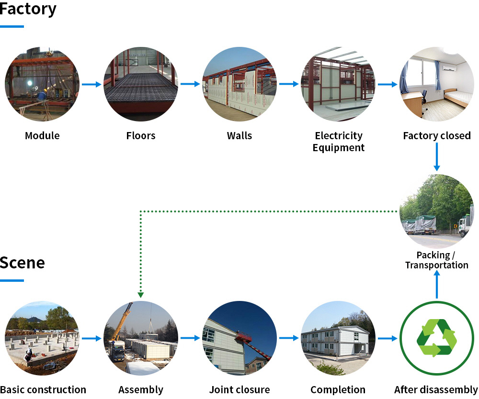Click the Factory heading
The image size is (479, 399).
click(x=28, y=9)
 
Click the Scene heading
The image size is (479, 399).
click(x=23, y=263)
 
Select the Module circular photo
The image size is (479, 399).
click(x=42, y=84)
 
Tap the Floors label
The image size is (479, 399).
click(x=141, y=136)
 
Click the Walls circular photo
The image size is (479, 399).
click(x=239, y=84)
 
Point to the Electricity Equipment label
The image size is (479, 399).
click(x=338, y=142)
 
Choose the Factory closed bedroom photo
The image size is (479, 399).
click(x=437, y=84)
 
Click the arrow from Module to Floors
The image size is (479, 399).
click(x=91, y=85)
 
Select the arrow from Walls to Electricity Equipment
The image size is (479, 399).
click(x=289, y=85)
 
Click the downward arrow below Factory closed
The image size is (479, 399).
click(x=436, y=157)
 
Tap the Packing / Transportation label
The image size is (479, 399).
click(x=437, y=260)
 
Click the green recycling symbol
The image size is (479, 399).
click(x=437, y=338)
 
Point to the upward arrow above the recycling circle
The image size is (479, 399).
click(x=437, y=285)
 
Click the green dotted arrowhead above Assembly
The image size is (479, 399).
click(x=141, y=295)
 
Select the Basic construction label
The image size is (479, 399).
click(x=43, y=390)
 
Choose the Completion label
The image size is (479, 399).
click(x=338, y=390)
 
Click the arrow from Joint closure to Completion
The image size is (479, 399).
click(x=289, y=338)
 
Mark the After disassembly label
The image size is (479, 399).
click(x=436, y=390)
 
